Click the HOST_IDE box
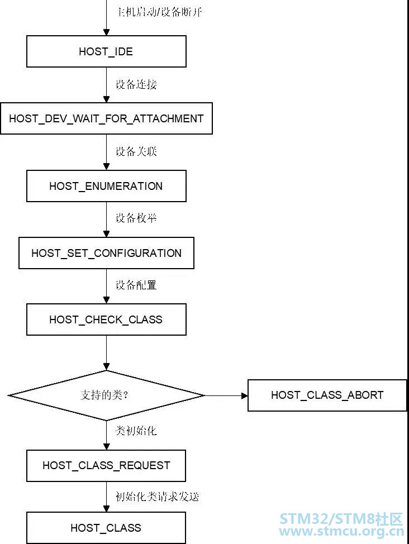coord(106,51)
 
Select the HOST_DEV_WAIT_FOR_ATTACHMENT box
coord(106,118)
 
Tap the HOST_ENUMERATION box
coord(106,186)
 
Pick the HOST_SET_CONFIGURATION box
coord(106,253)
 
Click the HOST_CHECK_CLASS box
coord(106,319)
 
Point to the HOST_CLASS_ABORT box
coord(327,395)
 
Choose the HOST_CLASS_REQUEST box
coord(106,466)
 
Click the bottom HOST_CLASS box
coord(106,528)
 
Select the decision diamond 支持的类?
coord(106,395)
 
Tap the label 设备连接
coord(136,84)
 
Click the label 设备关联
coord(136,151)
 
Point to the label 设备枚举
coord(136,218)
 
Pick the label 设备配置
coord(136,285)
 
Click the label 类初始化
coord(136,431)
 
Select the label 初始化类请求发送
coord(157,497)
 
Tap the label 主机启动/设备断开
coord(160,12)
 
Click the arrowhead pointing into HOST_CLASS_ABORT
coord(244,395)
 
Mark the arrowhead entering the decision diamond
coord(107,367)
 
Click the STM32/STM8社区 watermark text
coord(341,519)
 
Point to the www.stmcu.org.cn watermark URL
coord(341,531)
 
